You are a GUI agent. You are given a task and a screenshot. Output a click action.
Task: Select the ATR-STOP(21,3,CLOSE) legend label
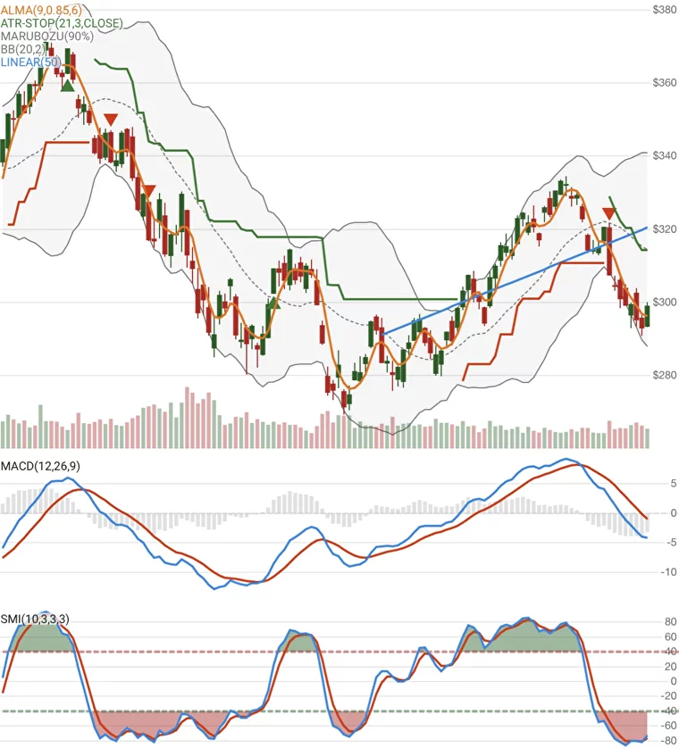coord(62,23)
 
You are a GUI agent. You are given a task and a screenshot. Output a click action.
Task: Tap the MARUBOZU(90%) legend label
coord(46,37)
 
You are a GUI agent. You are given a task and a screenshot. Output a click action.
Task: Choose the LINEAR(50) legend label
coord(31,62)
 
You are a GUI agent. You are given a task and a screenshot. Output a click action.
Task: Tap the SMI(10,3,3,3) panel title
coord(35,619)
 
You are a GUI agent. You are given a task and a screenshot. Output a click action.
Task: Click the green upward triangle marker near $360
coord(68,85)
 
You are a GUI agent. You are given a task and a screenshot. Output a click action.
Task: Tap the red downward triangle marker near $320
coord(609,213)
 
